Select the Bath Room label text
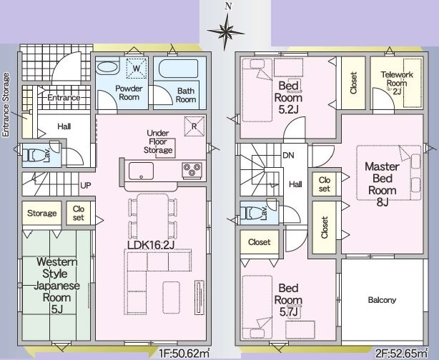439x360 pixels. [x=186, y=95]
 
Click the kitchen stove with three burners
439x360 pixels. [x=192, y=170]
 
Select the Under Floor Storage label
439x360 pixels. [x=158, y=141]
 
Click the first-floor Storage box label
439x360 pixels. [x=41, y=214]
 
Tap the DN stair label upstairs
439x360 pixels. [x=289, y=154]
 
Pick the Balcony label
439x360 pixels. [x=382, y=300]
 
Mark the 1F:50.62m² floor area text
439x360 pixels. [x=183, y=352]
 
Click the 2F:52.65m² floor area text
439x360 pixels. [x=400, y=352]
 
